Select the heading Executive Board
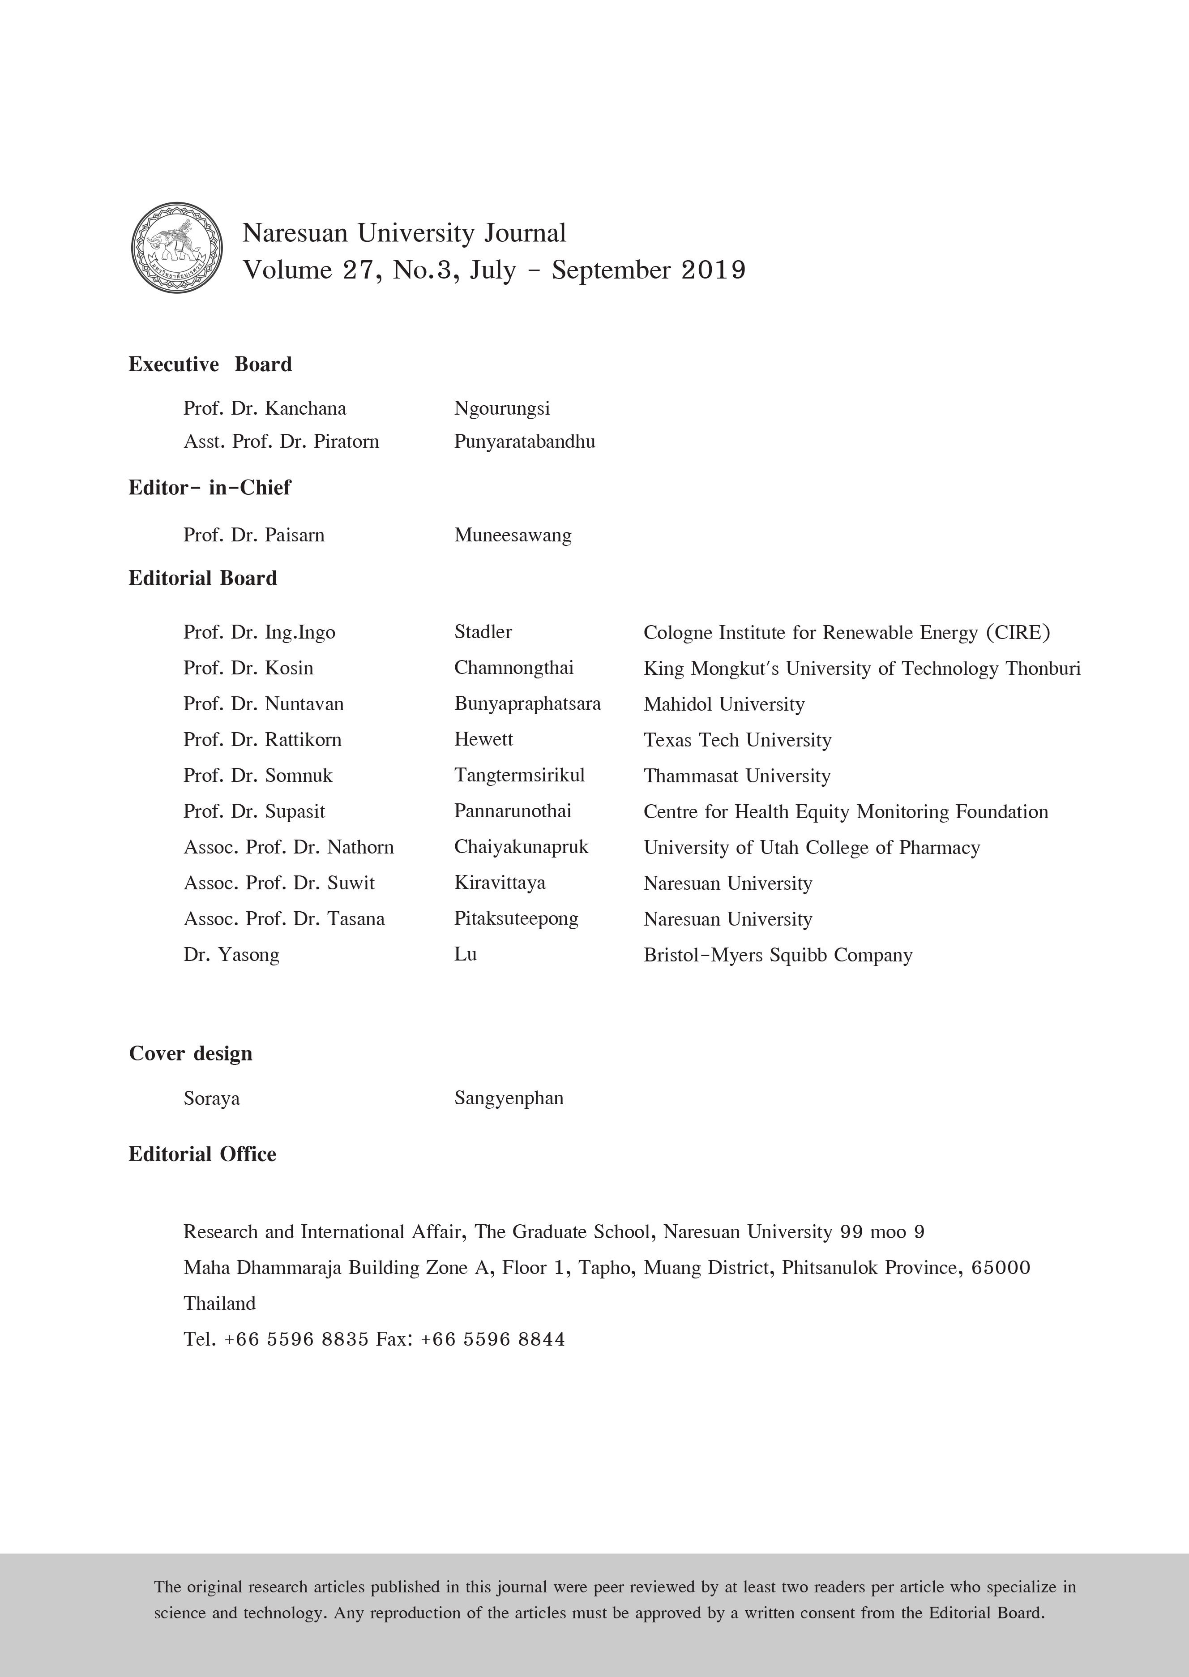coord(210,364)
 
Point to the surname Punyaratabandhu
coord(524,442)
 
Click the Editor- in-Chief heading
coord(210,488)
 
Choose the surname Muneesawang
coord(513,535)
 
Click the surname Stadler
coord(483,631)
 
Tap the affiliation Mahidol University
coord(723,704)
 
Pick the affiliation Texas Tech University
coord(737,740)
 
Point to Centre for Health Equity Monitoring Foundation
coord(846,811)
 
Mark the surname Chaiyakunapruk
coord(521,847)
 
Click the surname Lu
coord(465,954)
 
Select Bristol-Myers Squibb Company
coord(778,955)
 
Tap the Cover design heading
coord(190,1053)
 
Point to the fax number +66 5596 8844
coord(493,1339)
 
